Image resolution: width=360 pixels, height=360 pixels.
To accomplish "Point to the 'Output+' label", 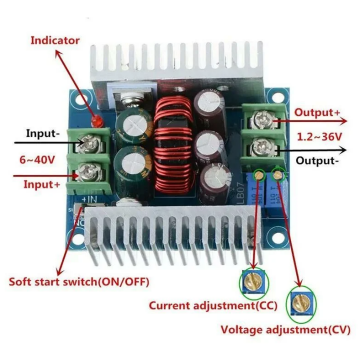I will pos(318,113).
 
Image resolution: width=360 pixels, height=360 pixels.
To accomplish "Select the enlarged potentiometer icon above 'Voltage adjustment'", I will pos(298,302).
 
